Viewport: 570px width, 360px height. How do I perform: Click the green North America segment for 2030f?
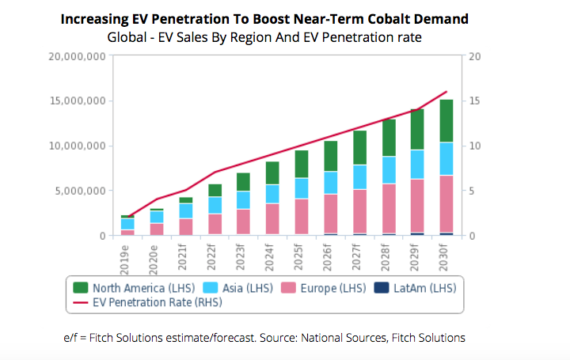click(x=446, y=120)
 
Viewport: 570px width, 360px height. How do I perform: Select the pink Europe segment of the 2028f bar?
click(x=389, y=208)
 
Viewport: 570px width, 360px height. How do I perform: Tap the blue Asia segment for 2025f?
click(x=302, y=188)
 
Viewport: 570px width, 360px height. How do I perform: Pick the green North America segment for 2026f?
click(x=331, y=156)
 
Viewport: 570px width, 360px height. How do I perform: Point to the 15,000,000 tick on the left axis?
click(x=78, y=101)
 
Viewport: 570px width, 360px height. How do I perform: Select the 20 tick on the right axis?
click(x=475, y=56)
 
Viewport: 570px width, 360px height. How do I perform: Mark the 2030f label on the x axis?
click(x=446, y=258)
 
